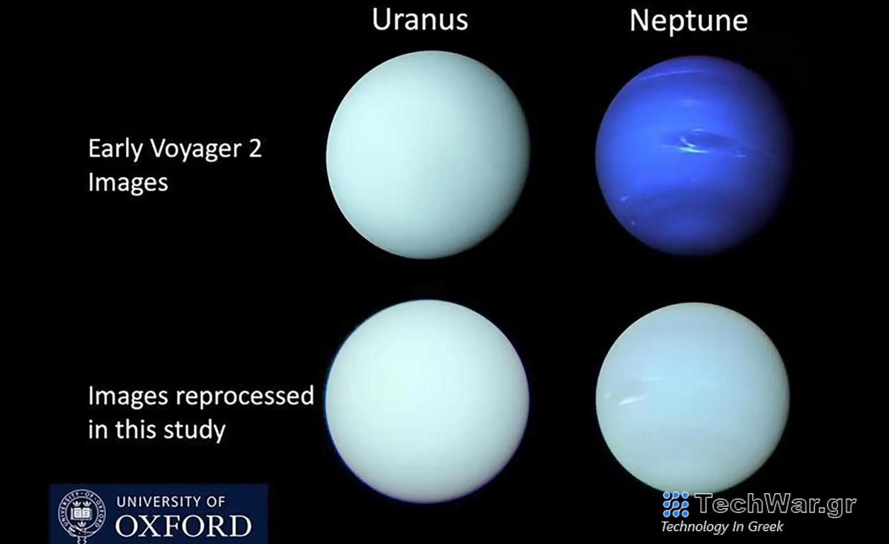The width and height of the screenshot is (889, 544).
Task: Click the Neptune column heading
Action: pyautogui.click(x=688, y=21)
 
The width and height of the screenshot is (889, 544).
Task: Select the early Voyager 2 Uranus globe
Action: pyautogui.click(x=427, y=154)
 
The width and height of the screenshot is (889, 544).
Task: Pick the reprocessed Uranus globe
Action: pyautogui.click(x=427, y=401)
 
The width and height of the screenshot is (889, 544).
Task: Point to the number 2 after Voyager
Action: pyautogui.click(x=255, y=149)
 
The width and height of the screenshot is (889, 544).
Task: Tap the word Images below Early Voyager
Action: pyautogui.click(x=128, y=182)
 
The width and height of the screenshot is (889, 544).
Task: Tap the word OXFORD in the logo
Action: pyautogui.click(x=183, y=526)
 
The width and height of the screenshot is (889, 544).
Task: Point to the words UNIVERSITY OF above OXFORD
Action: pyautogui.click(x=171, y=502)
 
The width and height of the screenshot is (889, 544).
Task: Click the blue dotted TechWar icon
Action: pyautogui.click(x=676, y=504)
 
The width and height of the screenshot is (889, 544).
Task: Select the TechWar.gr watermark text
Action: pyautogui.click(x=775, y=504)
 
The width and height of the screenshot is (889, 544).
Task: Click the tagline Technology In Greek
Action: pyautogui.click(x=721, y=527)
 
